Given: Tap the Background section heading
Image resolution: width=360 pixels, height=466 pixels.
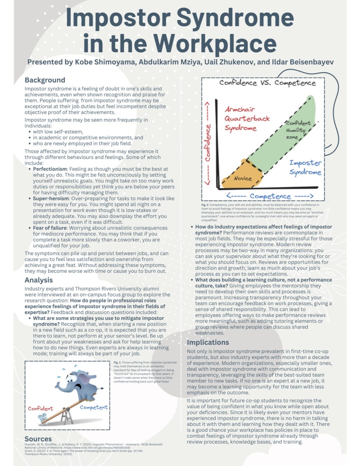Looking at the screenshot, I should pyautogui.click(x=45, y=80).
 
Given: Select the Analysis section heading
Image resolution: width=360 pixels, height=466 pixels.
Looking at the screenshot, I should pyautogui.click(x=38, y=280).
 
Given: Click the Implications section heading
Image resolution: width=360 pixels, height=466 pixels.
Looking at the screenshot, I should pyautogui.click(x=208, y=342).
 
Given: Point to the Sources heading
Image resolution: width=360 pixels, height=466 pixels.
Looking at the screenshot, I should pyautogui.click(x=38, y=439).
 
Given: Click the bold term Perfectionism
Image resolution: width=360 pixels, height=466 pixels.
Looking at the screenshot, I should pyautogui.click(x=50, y=169).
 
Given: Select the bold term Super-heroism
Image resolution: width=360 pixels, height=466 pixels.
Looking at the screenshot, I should pyautogui.click(x=51, y=198).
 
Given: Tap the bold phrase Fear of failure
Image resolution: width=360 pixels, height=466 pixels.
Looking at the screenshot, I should pyautogui.click(x=50, y=228).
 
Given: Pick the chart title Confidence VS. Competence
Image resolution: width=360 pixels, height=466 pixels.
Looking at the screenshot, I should pyautogui.click(x=267, y=83).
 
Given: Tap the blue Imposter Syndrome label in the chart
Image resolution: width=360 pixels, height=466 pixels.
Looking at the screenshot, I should pyautogui.click(x=305, y=167).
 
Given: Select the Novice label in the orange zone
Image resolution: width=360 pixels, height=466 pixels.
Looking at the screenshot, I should pyautogui.click(x=243, y=178).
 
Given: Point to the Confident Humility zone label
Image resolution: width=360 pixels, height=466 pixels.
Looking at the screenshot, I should pyautogui.click(x=298, y=130).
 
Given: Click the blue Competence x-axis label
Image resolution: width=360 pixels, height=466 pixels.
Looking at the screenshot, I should pyautogui.click(x=270, y=196).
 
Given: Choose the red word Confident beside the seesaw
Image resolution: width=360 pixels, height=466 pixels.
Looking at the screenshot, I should pyautogui.click(x=40, y=409).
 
